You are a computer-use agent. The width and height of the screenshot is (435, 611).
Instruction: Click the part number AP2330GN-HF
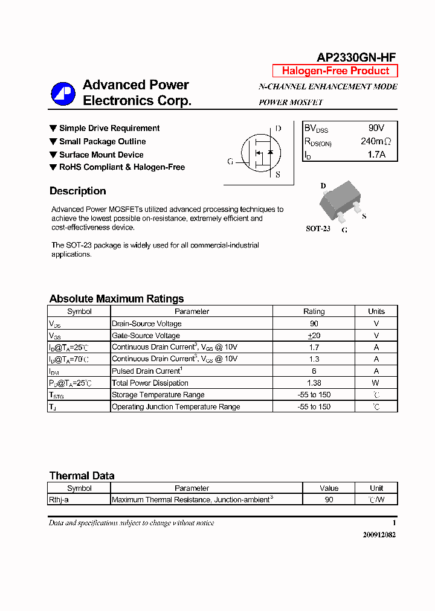click(356, 57)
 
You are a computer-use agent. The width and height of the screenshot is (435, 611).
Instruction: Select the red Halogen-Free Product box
click(335, 71)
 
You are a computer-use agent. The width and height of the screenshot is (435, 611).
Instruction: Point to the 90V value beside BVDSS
click(376, 128)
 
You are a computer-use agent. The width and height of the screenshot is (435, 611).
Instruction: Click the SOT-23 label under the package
click(318, 229)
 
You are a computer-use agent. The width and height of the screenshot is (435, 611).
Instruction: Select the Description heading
click(77, 191)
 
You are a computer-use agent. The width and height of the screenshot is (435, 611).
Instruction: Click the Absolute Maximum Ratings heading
click(116, 299)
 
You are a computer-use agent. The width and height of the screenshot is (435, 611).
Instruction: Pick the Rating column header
click(314, 312)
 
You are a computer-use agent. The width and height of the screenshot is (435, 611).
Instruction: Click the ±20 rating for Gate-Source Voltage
click(314, 336)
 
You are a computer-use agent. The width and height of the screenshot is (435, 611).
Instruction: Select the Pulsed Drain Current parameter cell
click(146, 371)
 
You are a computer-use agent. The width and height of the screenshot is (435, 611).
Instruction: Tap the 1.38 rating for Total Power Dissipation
click(314, 383)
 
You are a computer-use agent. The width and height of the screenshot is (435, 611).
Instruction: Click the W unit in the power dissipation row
click(376, 383)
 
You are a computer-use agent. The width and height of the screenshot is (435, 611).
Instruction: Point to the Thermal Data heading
click(82, 476)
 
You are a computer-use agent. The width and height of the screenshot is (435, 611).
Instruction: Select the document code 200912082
click(379, 535)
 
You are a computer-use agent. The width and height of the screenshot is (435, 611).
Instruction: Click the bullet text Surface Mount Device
click(101, 155)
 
